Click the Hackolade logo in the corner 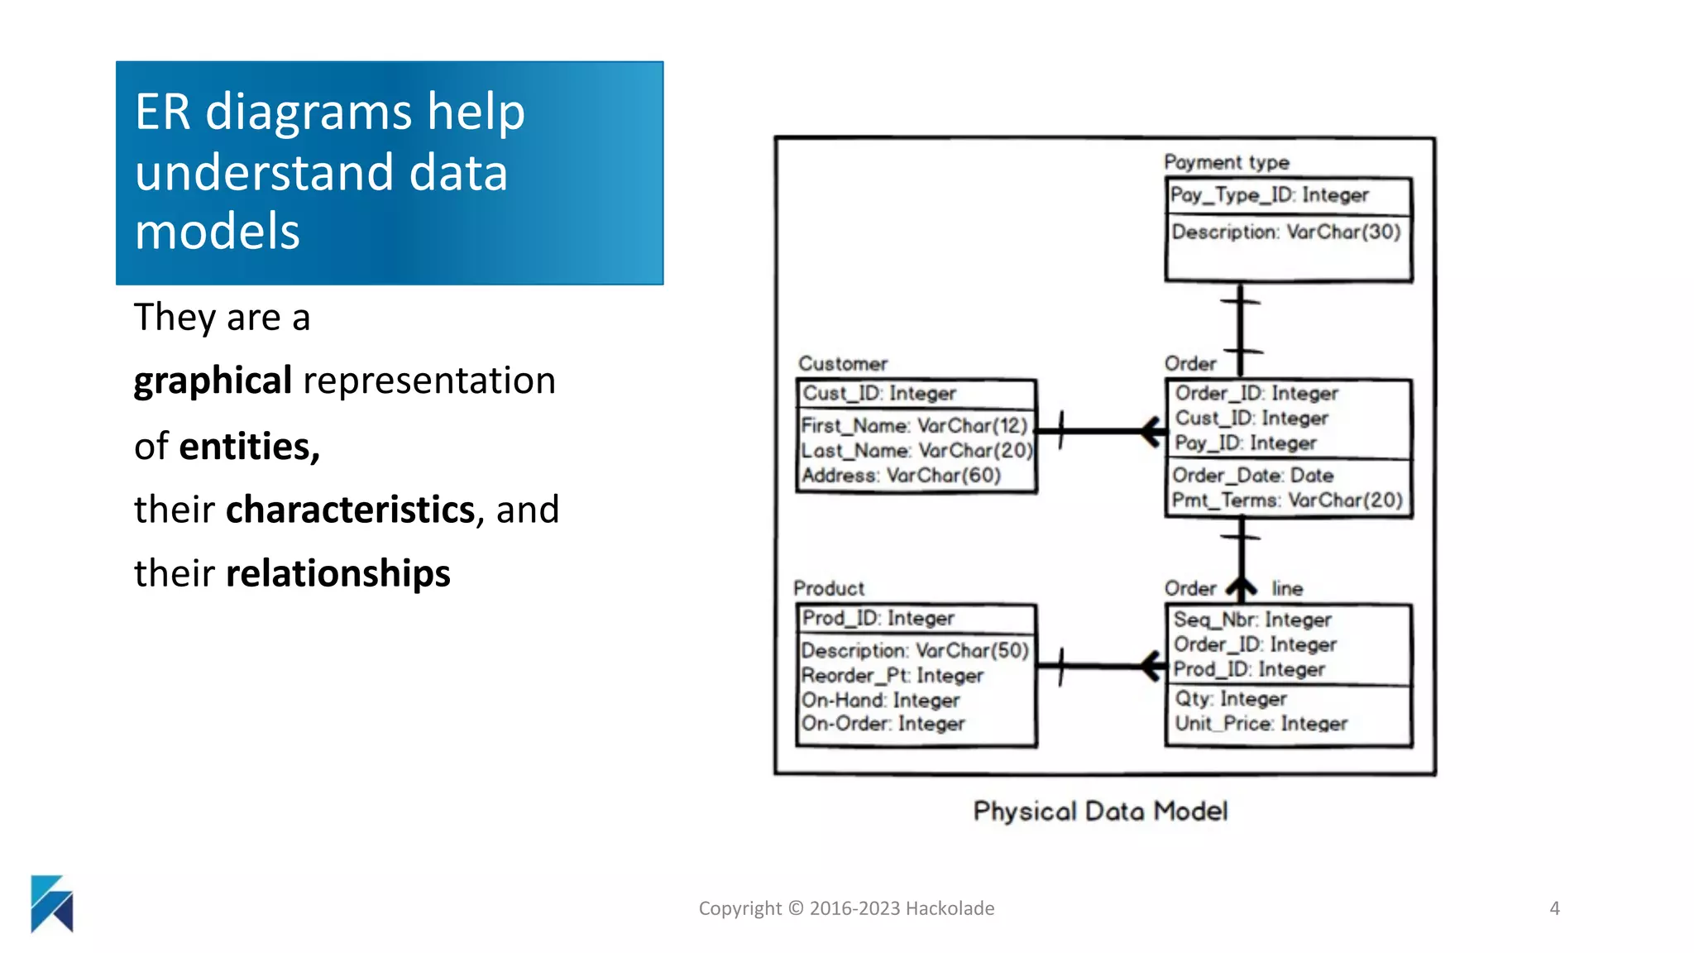[51, 903]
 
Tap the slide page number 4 [1554, 908]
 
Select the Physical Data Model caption [1100, 811]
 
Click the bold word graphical [213, 381]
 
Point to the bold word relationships [337, 573]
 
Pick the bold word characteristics [351, 510]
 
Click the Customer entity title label [842, 364]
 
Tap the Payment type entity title [1226, 162]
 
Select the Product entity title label [829, 588]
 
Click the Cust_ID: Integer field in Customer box [879, 394]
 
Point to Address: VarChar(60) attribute [901, 476]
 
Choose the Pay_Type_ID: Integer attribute [1269, 195]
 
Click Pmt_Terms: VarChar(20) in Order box [1287, 500]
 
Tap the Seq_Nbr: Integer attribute [1252, 620]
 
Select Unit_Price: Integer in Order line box [1261, 724]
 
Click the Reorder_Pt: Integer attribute [892, 676]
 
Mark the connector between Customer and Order [1092, 431]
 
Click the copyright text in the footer [846, 908]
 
